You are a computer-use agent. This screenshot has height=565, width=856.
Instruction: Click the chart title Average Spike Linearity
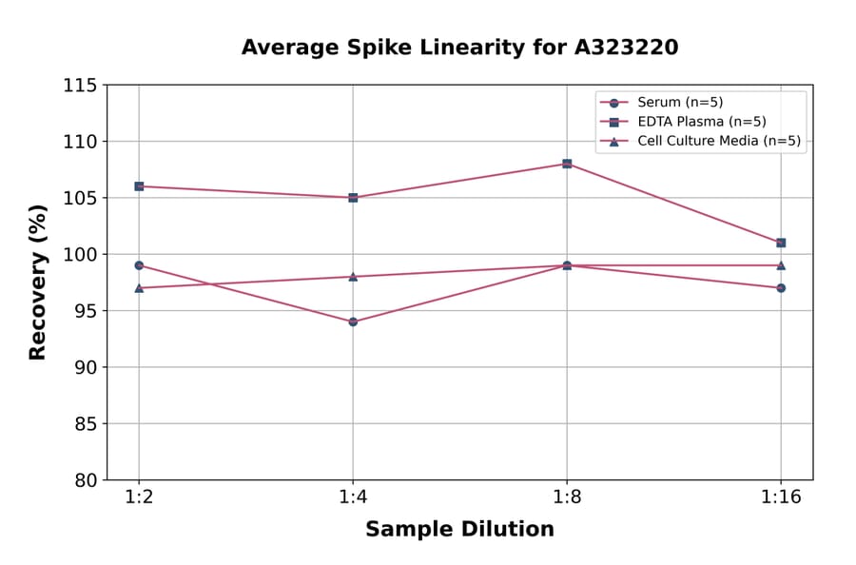(x=459, y=48)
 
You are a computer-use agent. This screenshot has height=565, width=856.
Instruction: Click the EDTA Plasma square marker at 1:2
(x=139, y=186)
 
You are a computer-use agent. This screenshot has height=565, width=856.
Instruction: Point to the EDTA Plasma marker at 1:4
(x=353, y=198)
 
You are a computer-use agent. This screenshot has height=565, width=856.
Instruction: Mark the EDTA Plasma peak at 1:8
(x=567, y=164)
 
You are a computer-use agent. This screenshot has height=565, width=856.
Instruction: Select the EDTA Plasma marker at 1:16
(x=781, y=243)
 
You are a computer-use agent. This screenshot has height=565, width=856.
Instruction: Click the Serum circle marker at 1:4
(x=353, y=321)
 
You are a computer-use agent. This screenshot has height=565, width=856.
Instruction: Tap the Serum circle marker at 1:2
(x=139, y=265)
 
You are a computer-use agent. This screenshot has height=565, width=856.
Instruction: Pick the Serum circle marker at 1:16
(x=781, y=287)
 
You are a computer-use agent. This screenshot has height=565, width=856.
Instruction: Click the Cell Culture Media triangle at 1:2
(x=139, y=287)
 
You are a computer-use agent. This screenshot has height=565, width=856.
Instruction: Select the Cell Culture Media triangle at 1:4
(x=353, y=276)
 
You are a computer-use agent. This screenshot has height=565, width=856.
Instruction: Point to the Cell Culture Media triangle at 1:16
(x=781, y=265)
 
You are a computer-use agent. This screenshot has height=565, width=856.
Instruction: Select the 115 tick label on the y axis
(x=80, y=86)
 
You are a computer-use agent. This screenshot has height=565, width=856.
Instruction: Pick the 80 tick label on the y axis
(x=85, y=480)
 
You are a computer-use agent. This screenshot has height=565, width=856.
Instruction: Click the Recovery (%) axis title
(x=38, y=282)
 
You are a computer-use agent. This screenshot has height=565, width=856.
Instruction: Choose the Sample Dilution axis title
(x=459, y=530)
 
